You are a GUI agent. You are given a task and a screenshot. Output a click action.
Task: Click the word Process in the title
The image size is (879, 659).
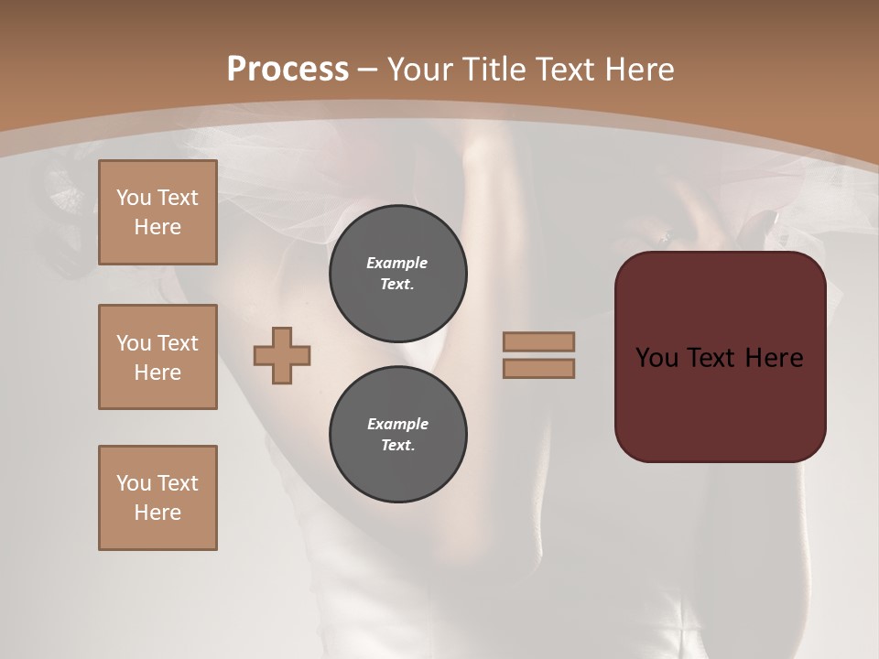tap(288, 69)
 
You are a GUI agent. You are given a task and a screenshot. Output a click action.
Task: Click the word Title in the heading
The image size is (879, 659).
tap(492, 69)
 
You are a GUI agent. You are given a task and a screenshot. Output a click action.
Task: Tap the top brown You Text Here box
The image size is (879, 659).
tap(157, 212)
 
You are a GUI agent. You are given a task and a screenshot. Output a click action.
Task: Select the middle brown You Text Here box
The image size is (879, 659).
tap(157, 357)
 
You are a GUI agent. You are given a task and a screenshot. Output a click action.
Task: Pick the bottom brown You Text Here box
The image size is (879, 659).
tap(157, 497)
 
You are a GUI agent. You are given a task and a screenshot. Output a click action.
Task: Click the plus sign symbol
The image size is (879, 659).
tap(282, 355)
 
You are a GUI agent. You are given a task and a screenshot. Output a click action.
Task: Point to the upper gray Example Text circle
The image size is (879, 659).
tap(397, 274)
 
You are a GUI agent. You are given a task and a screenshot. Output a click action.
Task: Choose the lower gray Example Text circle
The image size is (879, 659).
tap(397, 435)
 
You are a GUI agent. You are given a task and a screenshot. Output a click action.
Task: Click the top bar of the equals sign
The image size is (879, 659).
tap(538, 341)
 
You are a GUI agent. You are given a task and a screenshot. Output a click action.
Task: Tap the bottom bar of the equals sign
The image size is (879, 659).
tap(538, 368)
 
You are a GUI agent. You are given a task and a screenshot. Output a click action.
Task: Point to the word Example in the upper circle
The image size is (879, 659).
tap(397, 263)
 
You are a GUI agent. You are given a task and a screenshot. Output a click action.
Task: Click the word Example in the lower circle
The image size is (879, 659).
tap(397, 424)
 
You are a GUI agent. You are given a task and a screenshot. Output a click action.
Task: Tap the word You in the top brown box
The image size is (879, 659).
tap(134, 198)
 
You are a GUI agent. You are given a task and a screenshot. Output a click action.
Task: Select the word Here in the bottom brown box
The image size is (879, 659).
tap(157, 513)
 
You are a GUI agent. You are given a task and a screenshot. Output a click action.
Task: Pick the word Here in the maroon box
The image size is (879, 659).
tap(774, 357)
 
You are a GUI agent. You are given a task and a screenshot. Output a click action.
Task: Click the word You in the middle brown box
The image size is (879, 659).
tap(134, 343)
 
